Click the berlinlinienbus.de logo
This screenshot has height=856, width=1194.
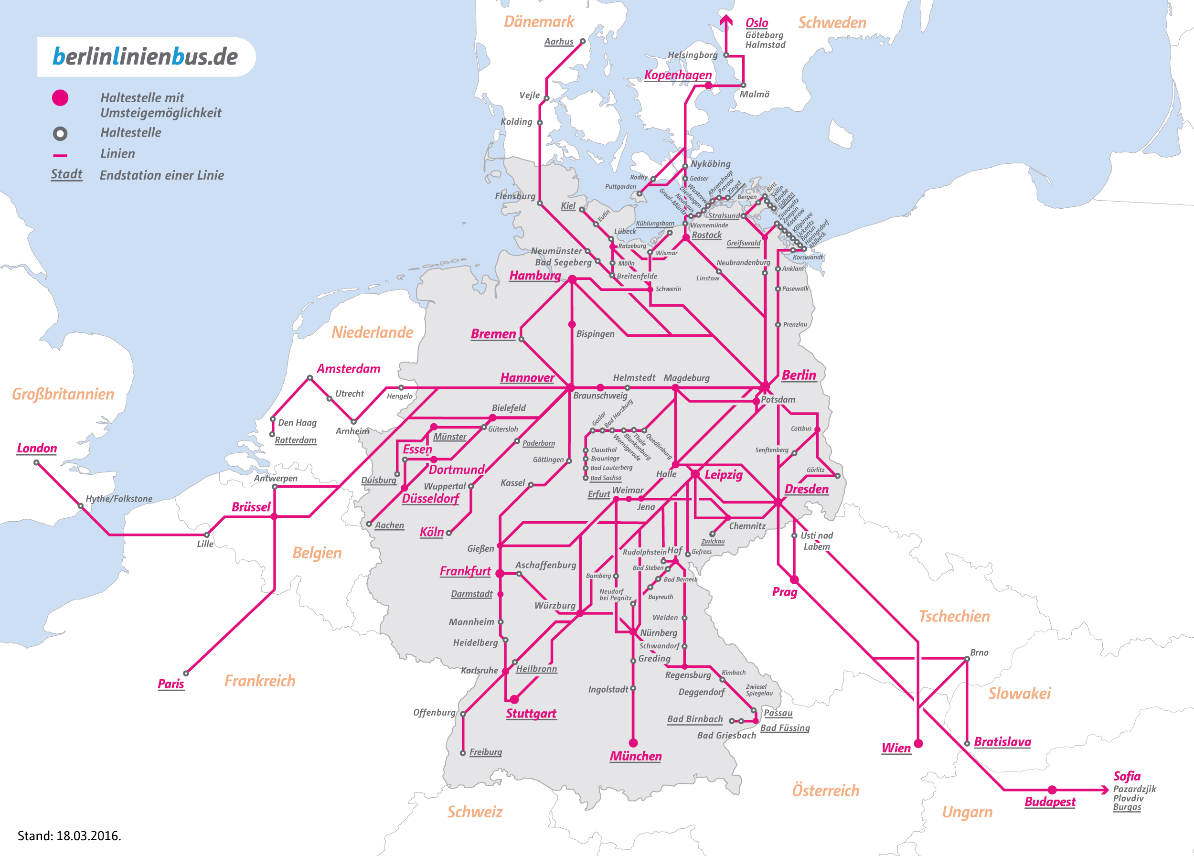(145, 57)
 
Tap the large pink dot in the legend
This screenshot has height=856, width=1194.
(60, 98)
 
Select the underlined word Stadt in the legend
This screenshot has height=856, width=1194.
(66, 174)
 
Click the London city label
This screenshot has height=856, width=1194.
(36, 448)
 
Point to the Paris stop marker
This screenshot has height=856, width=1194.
(186, 674)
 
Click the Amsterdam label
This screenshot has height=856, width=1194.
(348, 368)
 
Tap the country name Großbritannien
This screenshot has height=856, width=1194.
(63, 394)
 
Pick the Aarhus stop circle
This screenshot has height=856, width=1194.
(583, 41)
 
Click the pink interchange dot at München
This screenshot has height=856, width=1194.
(633, 743)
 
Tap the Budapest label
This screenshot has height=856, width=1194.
(1050, 802)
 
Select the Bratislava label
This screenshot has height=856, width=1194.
(1002, 742)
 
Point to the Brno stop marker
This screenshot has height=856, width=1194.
(967, 659)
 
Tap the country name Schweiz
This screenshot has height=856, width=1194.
(474, 812)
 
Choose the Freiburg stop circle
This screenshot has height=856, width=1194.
(463, 753)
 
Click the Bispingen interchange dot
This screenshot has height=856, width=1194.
(572, 325)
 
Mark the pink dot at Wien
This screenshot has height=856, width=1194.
(918, 743)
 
